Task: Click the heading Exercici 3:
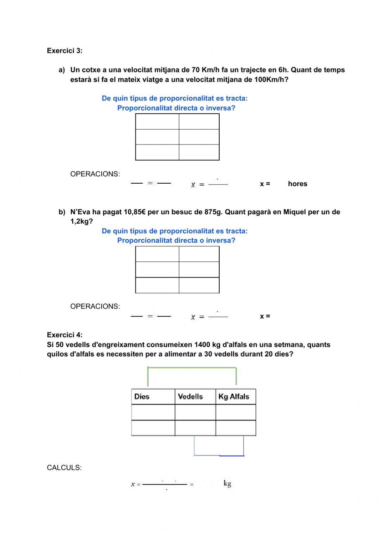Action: [x=64, y=51]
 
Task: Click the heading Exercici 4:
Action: [x=64, y=335]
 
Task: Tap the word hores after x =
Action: [x=297, y=184]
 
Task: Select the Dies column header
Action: [x=142, y=397]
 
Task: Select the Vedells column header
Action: [x=190, y=397]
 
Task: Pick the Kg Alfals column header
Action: [x=234, y=397]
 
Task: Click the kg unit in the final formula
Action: [x=227, y=484]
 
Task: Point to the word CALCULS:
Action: [x=64, y=468]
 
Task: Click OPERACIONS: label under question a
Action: [x=95, y=174]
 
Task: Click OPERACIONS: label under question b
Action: [x=95, y=306]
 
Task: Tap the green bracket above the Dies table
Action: [x=192, y=367]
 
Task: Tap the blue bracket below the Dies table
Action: [x=219, y=455]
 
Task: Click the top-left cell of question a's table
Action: [x=157, y=122]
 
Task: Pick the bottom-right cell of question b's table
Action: [x=199, y=285]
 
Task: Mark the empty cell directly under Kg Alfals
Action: [x=236, y=412]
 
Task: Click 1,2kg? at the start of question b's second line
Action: [x=81, y=221]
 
